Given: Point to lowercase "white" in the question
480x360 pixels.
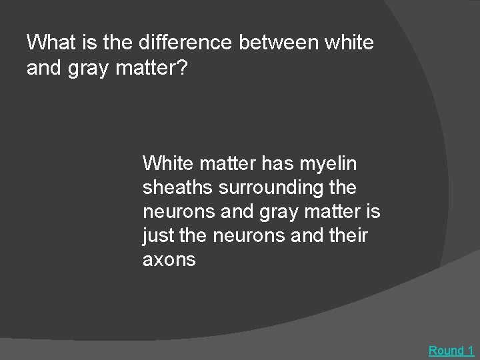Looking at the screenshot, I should (x=349, y=44).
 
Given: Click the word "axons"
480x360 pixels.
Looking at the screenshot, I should (x=169, y=261).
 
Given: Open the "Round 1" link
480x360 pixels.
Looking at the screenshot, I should (x=451, y=350).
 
